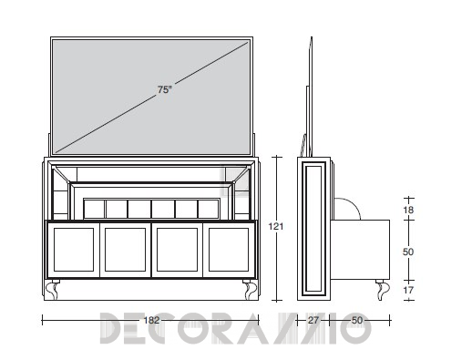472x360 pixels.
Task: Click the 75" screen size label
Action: pyautogui.click(x=165, y=89)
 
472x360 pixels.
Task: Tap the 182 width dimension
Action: pyautogui.click(x=151, y=320)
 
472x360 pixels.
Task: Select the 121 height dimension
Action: pyautogui.click(x=276, y=226)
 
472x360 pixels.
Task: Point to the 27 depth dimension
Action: pyautogui.click(x=313, y=320)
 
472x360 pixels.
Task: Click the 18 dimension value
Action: pyautogui.click(x=408, y=210)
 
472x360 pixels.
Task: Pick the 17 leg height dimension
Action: pyautogui.click(x=408, y=290)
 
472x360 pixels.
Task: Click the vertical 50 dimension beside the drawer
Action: pyautogui.click(x=408, y=252)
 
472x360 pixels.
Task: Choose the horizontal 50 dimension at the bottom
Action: pyautogui.click(x=357, y=320)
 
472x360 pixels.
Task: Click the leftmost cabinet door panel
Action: pyautogui.click(x=74, y=250)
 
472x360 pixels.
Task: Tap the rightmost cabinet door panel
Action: pyautogui.click(x=229, y=250)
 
